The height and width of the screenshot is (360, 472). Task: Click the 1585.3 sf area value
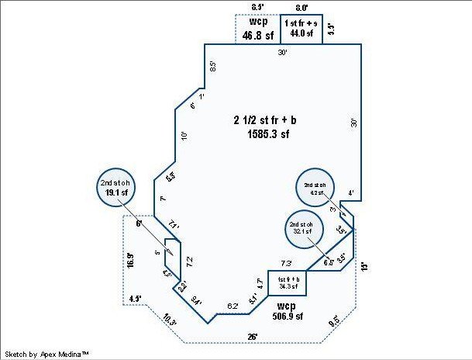tap(263, 133)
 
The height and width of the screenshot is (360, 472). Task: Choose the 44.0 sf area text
tap(299, 34)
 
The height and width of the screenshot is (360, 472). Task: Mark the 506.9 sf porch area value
tap(288, 316)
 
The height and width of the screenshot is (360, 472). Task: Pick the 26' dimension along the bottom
tap(253, 336)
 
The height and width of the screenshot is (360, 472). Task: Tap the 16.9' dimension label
tap(129, 260)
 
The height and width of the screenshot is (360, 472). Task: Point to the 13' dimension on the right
tap(363, 265)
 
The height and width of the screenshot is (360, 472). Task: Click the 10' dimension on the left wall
tap(184, 136)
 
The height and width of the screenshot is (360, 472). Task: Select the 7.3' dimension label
tap(286, 263)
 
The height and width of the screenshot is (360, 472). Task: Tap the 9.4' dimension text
tap(197, 302)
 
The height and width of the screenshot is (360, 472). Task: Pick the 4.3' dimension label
tap(135, 297)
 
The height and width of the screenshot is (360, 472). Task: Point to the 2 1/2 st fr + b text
tap(263, 120)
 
